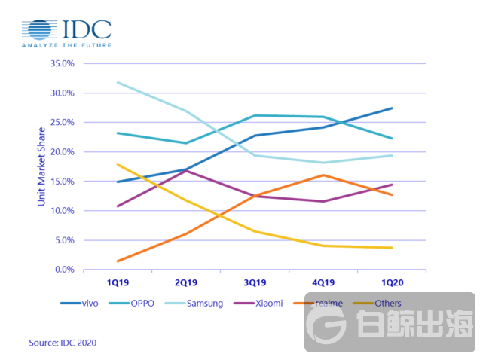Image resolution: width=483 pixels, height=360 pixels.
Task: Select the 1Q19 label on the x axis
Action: point(118,283)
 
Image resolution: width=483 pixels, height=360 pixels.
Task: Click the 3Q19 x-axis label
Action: point(255,283)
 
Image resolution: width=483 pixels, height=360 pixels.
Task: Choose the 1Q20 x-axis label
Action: point(392,283)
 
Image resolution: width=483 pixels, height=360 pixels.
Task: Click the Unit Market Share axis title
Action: point(41,167)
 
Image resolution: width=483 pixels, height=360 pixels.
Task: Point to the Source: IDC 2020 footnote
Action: point(63,343)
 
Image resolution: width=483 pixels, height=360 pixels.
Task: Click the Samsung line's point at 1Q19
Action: point(118,82)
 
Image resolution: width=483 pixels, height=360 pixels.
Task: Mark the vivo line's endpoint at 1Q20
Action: point(392,108)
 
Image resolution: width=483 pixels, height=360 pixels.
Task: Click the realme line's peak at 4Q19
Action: point(323,175)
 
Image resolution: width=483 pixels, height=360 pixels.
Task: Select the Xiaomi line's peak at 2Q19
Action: point(186,171)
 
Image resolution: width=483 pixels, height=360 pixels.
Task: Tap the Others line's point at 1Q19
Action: point(118,164)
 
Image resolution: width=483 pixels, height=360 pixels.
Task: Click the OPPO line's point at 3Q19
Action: point(255,115)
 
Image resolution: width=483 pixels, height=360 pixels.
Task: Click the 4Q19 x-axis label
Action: point(323,283)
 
